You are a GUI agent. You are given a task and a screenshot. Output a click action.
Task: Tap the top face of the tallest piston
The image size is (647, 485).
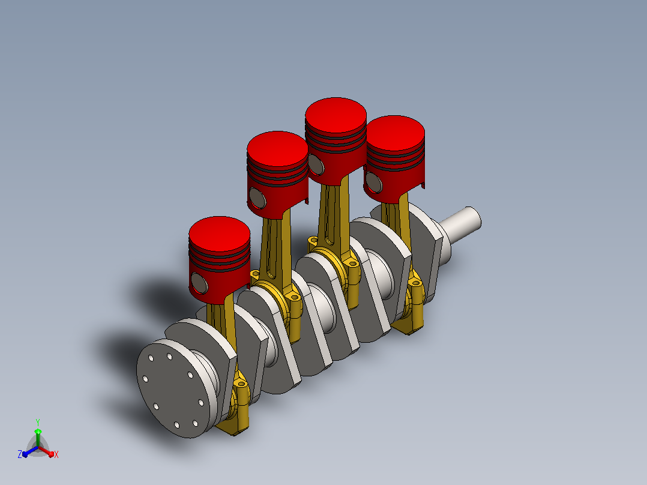(x=336, y=115)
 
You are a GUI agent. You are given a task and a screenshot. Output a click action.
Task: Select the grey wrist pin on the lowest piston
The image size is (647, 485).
(x=200, y=283)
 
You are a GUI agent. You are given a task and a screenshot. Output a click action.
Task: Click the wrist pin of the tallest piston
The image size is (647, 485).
(x=316, y=164)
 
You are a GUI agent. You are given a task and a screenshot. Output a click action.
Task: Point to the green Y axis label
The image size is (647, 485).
(x=38, y=422)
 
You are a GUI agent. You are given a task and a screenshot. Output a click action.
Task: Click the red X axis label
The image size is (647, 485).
(x=56, y=454)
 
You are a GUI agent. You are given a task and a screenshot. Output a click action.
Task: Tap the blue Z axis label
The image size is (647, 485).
(x=20, y=454)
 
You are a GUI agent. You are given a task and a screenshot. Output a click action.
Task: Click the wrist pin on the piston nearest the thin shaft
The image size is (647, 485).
(x=374, y=183)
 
